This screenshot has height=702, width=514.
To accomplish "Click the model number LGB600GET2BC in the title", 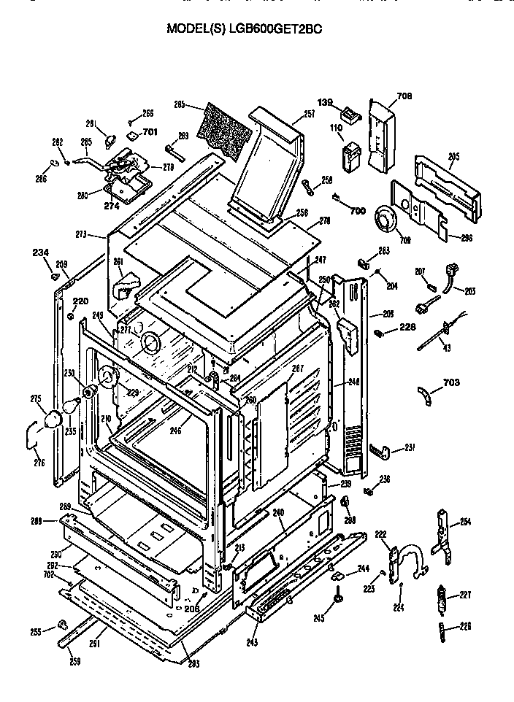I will tap(276, 29).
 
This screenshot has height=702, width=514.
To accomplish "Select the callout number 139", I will tap(325, 102).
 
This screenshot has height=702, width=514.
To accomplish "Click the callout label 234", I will tap(41, 252).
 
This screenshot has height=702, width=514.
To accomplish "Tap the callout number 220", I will tap(80, 301).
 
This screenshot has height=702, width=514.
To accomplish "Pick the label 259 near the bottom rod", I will tap(74, 661).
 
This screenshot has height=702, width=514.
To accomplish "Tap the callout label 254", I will tap(465, 522).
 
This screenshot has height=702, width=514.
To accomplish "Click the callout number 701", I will tap(150, 132).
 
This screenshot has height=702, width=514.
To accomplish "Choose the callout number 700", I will tap(357, 210).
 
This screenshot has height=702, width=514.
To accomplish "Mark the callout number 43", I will tap(447, 347).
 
